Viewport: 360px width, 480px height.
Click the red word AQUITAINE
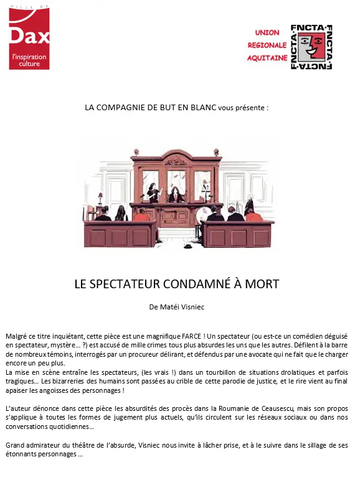[x=268, y=57]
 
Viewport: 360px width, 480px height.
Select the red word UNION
[x=267, y=32]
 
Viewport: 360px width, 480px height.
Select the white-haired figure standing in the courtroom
[x=249, y=202]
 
